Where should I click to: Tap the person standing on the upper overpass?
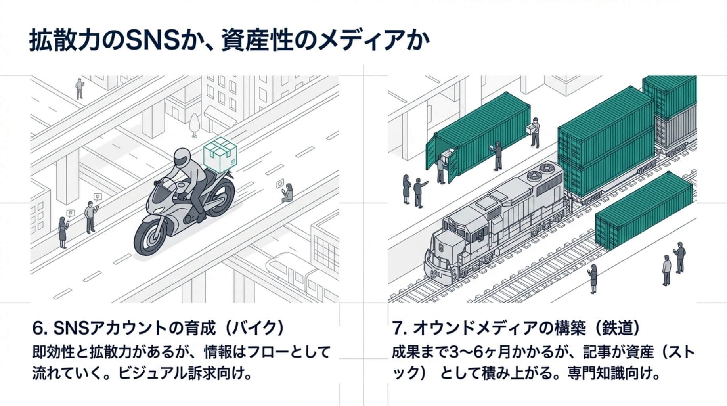click(x=80, y=88)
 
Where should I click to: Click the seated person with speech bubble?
click(x=288, y=193)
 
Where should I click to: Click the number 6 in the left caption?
click(x=38, y=329)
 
